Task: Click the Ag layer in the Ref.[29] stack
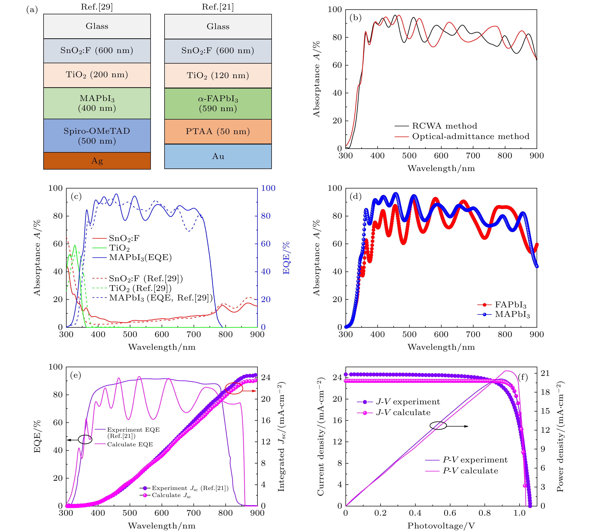97,161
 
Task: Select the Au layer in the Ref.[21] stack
218,156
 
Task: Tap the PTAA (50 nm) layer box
218,132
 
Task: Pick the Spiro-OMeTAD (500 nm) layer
97,136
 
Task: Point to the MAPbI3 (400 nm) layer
97,103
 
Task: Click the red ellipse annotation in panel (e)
234,388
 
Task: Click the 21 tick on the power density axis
545,373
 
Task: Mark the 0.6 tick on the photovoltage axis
450,513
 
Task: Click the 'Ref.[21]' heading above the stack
218,7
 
